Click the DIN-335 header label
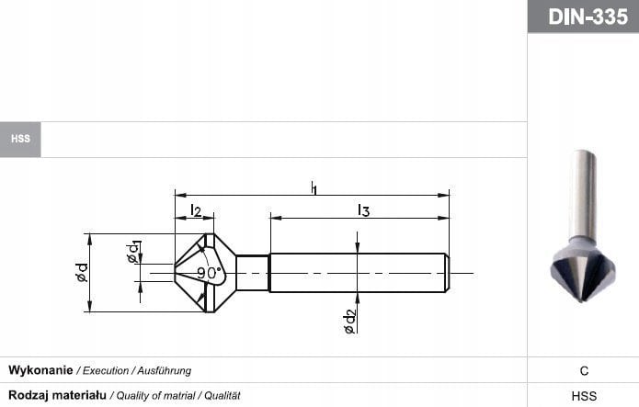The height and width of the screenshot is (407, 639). pos(583,17)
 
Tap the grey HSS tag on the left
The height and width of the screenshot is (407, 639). pos(20,139)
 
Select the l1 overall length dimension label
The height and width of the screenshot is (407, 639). pos(314,188)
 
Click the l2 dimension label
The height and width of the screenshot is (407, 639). pos(195,210)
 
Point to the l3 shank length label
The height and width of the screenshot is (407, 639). pos(363,210)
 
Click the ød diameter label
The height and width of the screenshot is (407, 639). pos(82,273)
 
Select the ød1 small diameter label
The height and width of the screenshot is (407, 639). pos(134,252)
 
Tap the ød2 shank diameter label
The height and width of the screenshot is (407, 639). pos(350,321)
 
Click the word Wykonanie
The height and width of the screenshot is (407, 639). pos(40,370)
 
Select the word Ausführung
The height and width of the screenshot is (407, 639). pos(164,370)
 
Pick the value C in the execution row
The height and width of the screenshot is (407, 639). pos(583,371)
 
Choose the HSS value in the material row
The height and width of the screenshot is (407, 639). pos(583,396)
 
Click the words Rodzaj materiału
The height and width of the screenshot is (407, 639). pos(57,395)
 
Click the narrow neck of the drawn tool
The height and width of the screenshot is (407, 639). pos(252,273)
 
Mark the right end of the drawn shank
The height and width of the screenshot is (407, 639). pos(447,273)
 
